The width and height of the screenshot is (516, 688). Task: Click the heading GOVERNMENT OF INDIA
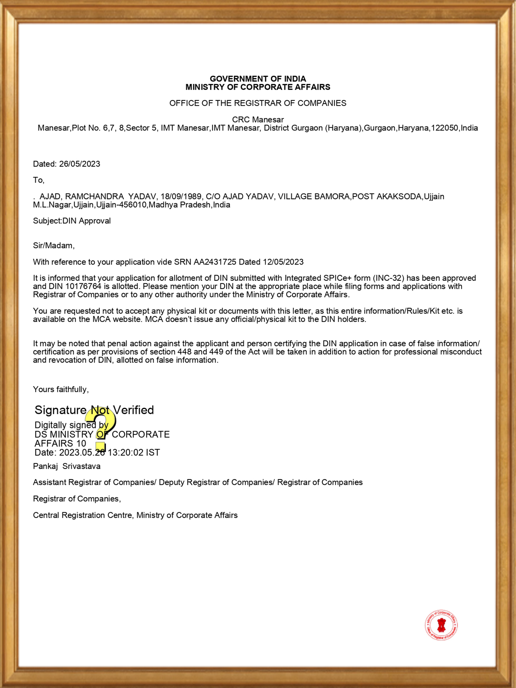(x=258, y=79)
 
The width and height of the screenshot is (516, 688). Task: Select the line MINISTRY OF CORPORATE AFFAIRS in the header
(x=258, y=87)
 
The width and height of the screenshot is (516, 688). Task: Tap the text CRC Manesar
(x=258, y=120)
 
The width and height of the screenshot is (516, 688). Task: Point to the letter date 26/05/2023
(x=79, y=164)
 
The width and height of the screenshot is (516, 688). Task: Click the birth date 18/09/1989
(x=181, y=196)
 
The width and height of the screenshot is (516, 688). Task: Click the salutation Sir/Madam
(x=53, y=246)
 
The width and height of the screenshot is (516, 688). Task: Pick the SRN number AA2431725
(x=215, y=262)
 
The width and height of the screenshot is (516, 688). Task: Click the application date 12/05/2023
(x=283, y=262)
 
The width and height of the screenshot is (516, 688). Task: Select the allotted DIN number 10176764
(x=83, y=286)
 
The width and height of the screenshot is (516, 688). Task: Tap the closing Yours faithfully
(x=61, y=389)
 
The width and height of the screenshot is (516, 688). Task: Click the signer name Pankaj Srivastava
(x=67, y=466)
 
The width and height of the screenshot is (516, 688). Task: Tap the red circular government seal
(x=441, y=625)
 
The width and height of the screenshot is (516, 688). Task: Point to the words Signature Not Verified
(x=94, y=410)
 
